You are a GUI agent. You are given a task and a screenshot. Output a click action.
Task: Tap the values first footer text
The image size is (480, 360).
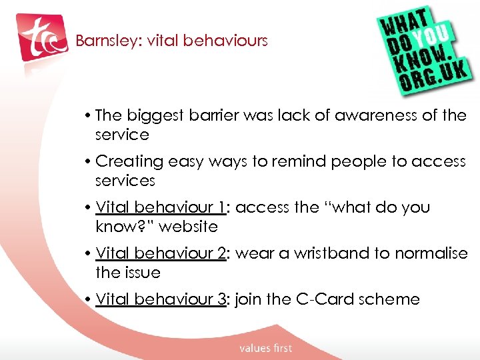(x=265, y=348)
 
